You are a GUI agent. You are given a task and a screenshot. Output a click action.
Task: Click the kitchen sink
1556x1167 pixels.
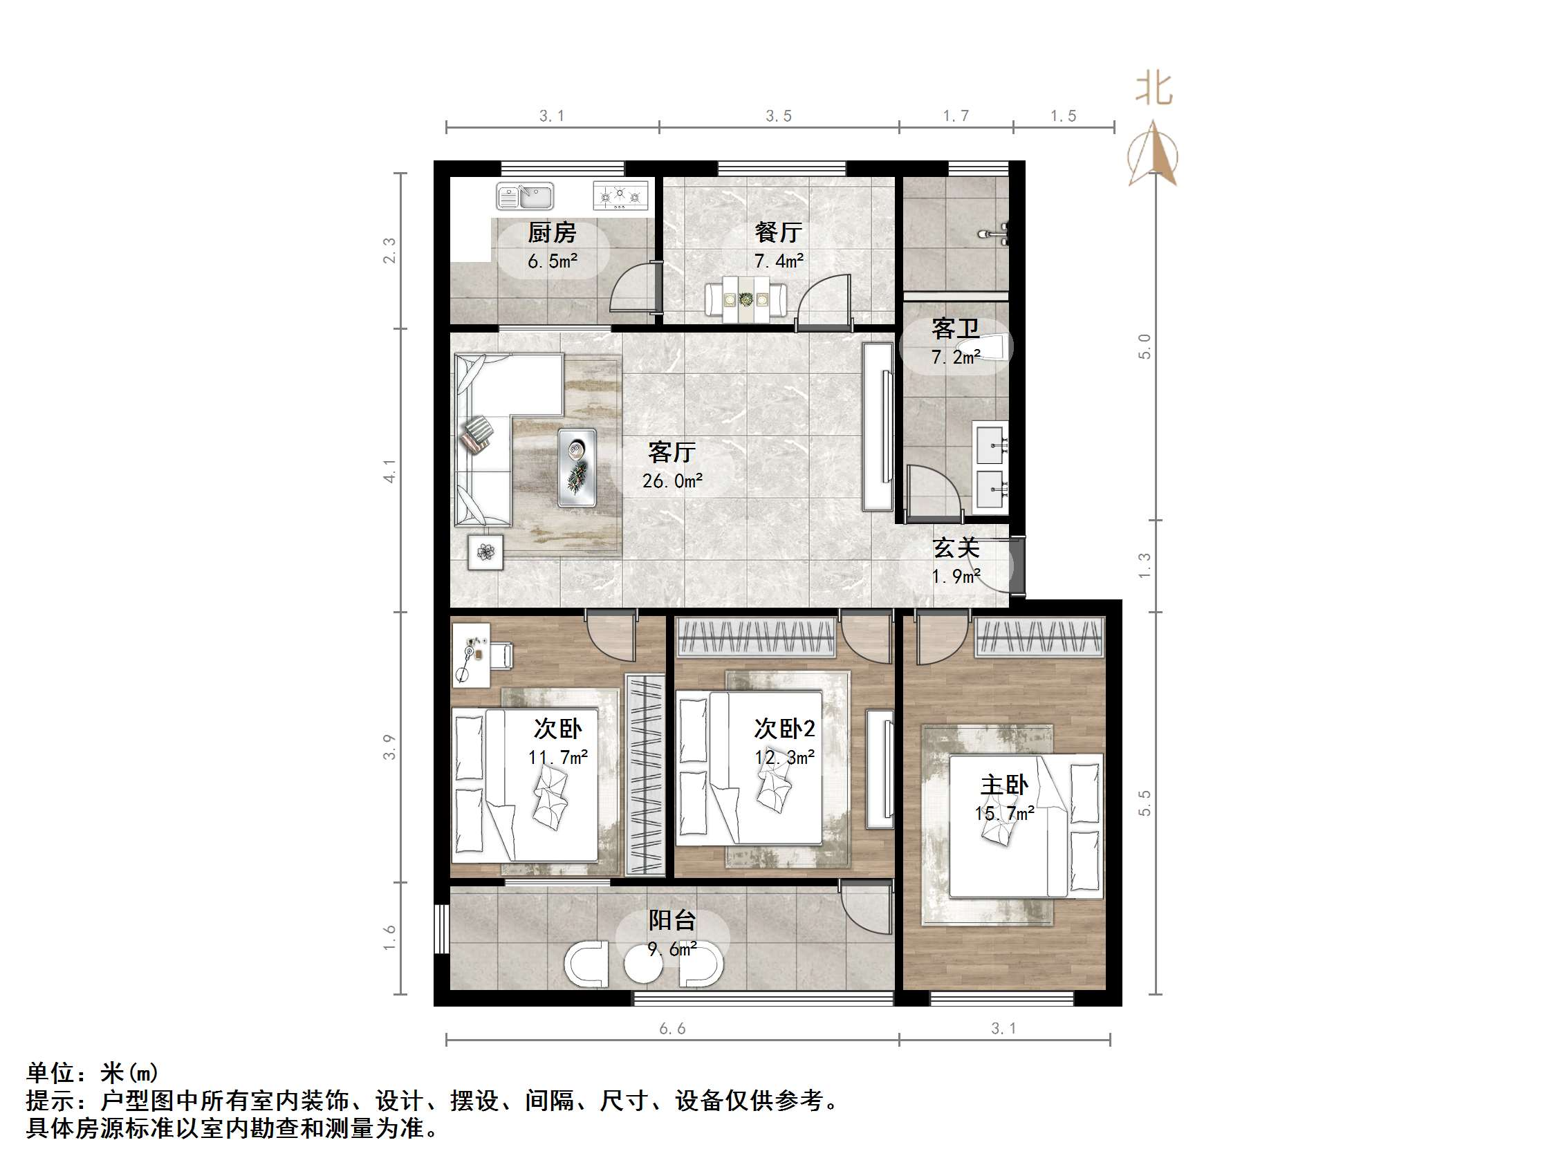[525, 196]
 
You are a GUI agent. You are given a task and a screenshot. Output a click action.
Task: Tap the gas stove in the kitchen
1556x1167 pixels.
[620, 196]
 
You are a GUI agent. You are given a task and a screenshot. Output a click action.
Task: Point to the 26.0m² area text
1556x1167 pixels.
[672, 481]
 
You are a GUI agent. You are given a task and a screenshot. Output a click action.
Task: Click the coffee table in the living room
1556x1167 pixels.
[577, 468]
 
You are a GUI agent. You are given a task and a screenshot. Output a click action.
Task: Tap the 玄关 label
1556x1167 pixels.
[956, 548]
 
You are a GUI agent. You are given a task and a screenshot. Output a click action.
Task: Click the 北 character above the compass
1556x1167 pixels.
[1154, 89]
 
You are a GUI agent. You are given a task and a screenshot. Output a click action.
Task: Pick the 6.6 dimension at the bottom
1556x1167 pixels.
[672, 1029]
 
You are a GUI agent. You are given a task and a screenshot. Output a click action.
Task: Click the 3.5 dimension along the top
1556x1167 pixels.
[779, 116]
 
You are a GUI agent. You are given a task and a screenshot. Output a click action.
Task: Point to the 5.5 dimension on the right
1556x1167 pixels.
[1145, 803]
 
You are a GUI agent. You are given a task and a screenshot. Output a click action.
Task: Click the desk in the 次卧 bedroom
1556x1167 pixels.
[470, 655]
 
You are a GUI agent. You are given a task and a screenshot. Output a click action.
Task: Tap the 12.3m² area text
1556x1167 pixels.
[784, 758]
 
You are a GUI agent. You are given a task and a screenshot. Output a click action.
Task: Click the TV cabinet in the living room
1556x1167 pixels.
[877, 427]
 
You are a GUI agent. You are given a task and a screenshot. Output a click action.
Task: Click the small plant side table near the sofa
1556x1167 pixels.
[485, 552]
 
